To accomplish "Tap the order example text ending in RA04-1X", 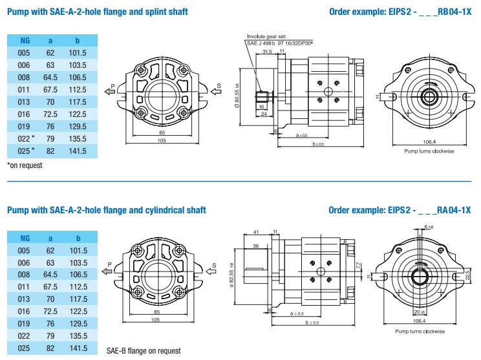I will click(400, 209).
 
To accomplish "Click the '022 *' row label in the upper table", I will click(25, 138).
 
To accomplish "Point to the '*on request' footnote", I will click(24, 165).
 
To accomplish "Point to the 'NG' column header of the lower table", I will click(25, 238).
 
